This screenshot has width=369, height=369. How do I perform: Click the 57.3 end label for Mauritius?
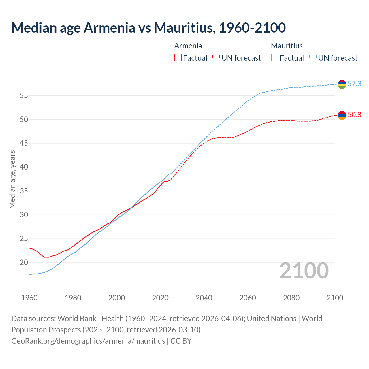tap(354, 84)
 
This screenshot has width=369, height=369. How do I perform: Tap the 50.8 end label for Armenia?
tap(354, 115)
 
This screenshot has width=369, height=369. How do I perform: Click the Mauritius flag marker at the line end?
tap(342, 84)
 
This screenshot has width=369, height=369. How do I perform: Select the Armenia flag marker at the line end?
tap(342, 115)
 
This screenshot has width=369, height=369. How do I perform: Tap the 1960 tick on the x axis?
tap(29, 298)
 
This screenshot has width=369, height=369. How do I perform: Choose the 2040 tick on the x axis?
tap(204, 298)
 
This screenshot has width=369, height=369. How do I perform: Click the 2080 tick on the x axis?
tap(291, 298)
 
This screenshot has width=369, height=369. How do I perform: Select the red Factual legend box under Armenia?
tap(178, 58)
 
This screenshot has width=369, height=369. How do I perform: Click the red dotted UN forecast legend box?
tap(216, 58)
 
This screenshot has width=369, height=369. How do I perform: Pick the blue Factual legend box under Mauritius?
tap(275, 58)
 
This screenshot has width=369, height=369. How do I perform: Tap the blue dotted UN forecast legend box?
tap(313, 58)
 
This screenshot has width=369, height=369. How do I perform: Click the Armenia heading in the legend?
tap(188, 46)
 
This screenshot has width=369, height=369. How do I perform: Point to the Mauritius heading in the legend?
tap(287, 46)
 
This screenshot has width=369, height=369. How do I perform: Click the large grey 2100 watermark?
tap(304, 271)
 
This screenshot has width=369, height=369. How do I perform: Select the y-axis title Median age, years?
tap(12, 179)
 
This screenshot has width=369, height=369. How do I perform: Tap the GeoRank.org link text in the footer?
tap(88, 341)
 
